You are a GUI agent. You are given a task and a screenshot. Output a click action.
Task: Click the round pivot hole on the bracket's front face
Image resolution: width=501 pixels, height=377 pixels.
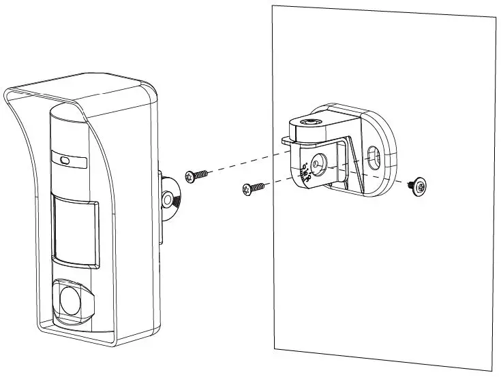(x=316, y=163)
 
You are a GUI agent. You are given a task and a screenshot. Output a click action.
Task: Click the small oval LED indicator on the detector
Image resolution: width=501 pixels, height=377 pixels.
(x=64, y=161)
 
